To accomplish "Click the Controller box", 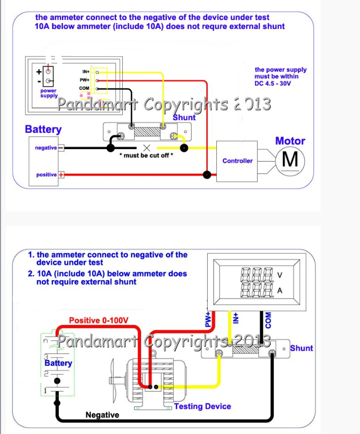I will [x=237, y=161].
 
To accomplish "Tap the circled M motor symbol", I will [x=290, y=159].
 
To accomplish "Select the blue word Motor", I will [x=290, y=141].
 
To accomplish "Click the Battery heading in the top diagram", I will [x=43, y=129].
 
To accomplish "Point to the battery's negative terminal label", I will [x=46, y=148].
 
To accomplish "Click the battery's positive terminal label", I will [x=46, y=174].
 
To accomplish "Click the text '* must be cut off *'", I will [x=146, y=156].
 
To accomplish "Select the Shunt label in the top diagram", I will [x=184, y=118].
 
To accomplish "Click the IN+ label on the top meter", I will [x=86, y=71].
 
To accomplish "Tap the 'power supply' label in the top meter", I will [x=49, y=93].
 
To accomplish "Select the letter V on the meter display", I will [x=279, y=275].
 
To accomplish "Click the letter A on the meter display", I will [x=279, y=290].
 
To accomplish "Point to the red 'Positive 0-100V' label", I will [x=99, y=320].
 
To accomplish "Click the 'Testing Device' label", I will [x=202, y=406].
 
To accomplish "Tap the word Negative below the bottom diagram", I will [x=102, y=415].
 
